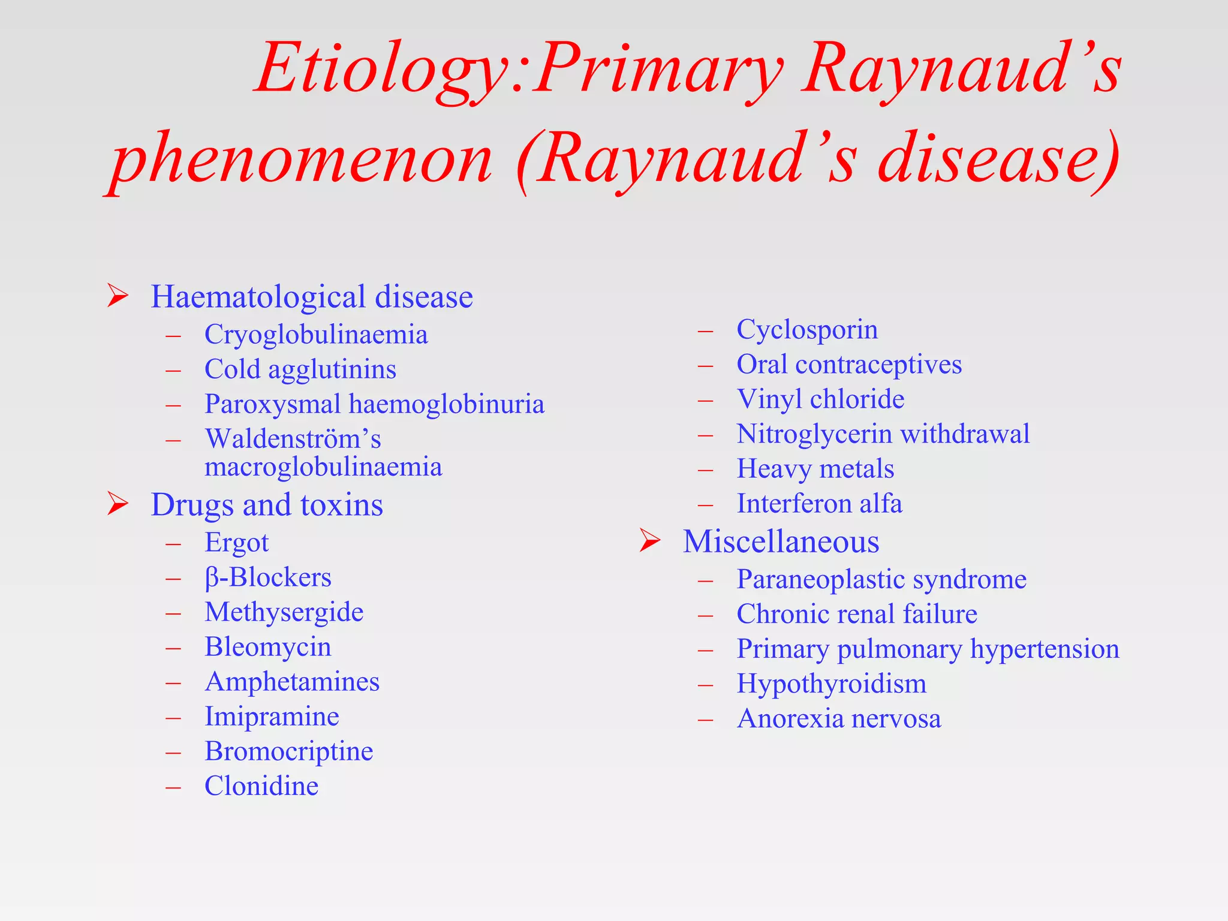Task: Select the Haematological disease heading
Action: click(311, 297)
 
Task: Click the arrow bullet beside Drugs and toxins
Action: click(118, 504)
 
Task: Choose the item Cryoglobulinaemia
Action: click(316, 335)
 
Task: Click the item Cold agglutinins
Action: click(300, 369)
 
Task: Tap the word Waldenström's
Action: click(293, 439)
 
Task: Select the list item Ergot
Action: click(236, 543)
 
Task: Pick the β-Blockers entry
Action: click(267, 577)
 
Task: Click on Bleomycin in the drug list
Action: click(267, 647)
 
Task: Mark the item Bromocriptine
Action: click(288, 751)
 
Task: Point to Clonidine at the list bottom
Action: click(261, 786)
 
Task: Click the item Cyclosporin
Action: click(806, 330)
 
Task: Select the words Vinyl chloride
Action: click(820, 399)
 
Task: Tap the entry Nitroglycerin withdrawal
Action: click(883, 434)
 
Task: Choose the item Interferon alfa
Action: click(819, 504)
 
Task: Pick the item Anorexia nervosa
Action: click(839, 719)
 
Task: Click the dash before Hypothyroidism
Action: click(706, 684)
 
